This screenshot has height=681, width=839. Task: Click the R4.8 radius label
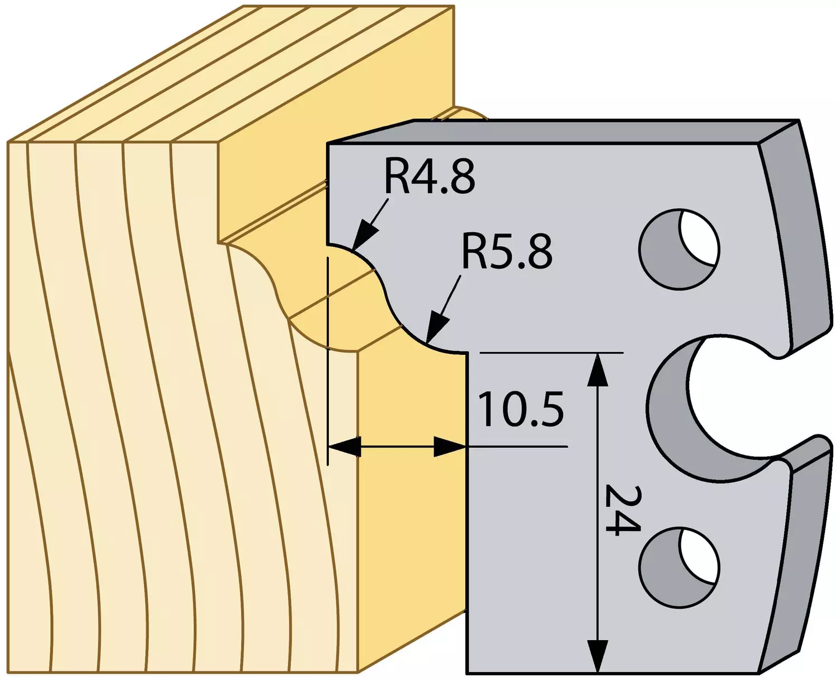[x=430, y=177]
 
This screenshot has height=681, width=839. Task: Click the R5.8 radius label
[x=507, y=251]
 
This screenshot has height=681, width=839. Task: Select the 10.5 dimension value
[x=521, y=410]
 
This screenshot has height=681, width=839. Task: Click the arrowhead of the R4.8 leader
[x=364, y=237]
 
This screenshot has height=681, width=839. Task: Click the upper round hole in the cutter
[x=679, y=249]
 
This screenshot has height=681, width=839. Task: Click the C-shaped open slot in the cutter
[x=670, y=410]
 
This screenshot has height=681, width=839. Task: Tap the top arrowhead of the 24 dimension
[x=597, y=369]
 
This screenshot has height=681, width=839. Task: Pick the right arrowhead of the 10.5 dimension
[x=450, y=447]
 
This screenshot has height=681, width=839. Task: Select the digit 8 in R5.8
[x=540, y=251]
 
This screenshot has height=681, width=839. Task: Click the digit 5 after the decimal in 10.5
[x=552, y=410]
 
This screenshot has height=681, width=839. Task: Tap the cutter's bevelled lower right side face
[x=804, y=560]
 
